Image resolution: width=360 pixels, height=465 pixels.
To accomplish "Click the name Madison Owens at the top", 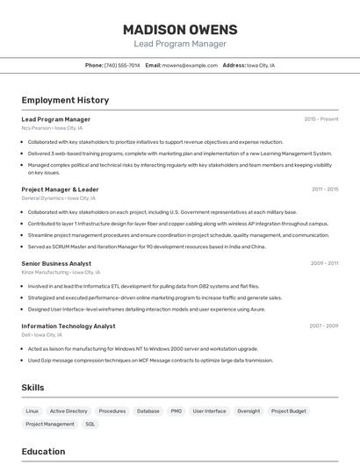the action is point(179,29).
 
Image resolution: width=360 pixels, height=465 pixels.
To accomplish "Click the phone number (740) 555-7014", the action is point(122,65).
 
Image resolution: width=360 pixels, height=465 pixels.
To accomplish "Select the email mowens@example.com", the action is point(190,65).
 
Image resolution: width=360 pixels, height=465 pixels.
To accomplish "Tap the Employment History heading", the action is point(65,100).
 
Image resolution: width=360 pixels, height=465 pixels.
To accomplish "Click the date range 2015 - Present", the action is point(321,118).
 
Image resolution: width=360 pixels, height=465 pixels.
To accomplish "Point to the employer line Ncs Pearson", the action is point(52,128).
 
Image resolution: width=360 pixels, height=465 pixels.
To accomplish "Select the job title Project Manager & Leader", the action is point(60,189).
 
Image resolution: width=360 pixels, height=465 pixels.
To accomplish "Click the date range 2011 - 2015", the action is point(325,189).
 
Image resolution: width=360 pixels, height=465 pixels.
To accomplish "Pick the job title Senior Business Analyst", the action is point(56,262).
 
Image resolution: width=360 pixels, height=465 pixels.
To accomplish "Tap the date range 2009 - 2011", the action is point(325,262).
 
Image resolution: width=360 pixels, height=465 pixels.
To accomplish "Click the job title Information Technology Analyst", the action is point(68,325).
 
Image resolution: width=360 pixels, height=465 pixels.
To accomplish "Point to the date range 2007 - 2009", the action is point(324,325).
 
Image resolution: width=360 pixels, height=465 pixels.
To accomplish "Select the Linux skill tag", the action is point(32,411).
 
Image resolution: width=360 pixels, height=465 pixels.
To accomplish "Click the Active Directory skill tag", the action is point(68,411).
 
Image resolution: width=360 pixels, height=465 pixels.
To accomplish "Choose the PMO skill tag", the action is point(176,411).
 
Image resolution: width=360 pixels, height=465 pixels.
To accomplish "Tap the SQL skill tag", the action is point(90,424).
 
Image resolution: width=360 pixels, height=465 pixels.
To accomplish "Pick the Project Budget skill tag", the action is point(289,411).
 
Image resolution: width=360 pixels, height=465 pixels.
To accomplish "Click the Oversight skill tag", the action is point(248,411).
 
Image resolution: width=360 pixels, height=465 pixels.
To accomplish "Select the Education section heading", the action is point(43,452).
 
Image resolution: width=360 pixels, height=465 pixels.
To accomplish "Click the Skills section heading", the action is point(32,387).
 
